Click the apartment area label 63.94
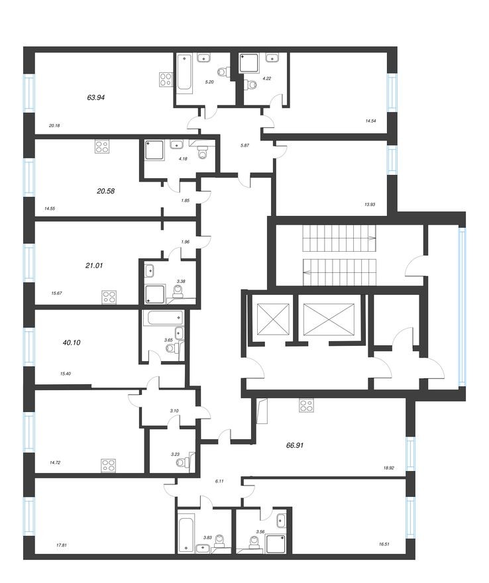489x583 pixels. (96, 97)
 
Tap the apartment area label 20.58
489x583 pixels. (105, 190)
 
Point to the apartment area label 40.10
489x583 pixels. (72, 343)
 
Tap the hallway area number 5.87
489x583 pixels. (245, 146)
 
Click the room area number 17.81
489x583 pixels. (62, 545)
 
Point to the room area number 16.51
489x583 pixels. (385, 545)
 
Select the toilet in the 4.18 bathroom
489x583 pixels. (204, 152)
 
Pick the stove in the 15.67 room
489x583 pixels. (108, 296)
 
